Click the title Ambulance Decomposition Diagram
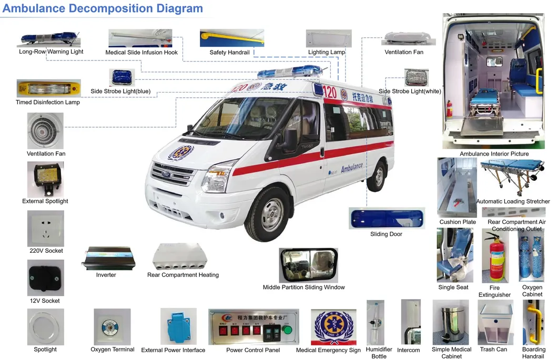[x=103, y=8]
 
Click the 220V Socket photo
[x=46, y=228]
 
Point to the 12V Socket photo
[x=46, y=277]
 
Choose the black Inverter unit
[x=109, y=258]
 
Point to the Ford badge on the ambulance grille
[x=166, y=174]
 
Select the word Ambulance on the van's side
[x=352, y=168]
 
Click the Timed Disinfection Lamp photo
[x=49, y=88]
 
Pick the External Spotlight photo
[x=46, y=179]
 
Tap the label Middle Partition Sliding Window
[x=303, y=287]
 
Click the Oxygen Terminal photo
[x=112, y=326]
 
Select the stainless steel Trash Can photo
[x=451, y=322]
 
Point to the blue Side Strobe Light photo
[x=122, y=77]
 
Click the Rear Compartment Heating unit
[x=180, y=256]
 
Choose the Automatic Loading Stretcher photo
[x=512, y=177]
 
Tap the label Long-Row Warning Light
[x=51, y=52]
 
